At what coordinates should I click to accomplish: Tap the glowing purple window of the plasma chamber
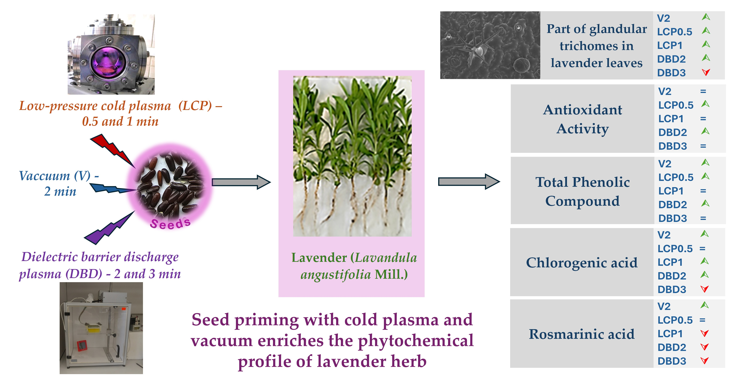(108, 62)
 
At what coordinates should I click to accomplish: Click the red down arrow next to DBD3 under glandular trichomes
(706, 72)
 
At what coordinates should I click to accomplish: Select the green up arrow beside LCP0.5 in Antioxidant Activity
(705, 104)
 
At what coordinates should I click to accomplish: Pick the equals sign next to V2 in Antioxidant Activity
(703, 92)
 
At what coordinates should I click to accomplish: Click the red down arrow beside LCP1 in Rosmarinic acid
(704, 333)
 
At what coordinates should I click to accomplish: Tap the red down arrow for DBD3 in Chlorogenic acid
(704, 289)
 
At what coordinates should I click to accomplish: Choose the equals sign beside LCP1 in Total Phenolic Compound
(703, 191)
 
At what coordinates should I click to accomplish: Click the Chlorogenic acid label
(582, 262)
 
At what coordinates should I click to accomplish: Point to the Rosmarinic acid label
(582, 334)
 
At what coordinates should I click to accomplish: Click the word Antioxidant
(583, 110)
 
